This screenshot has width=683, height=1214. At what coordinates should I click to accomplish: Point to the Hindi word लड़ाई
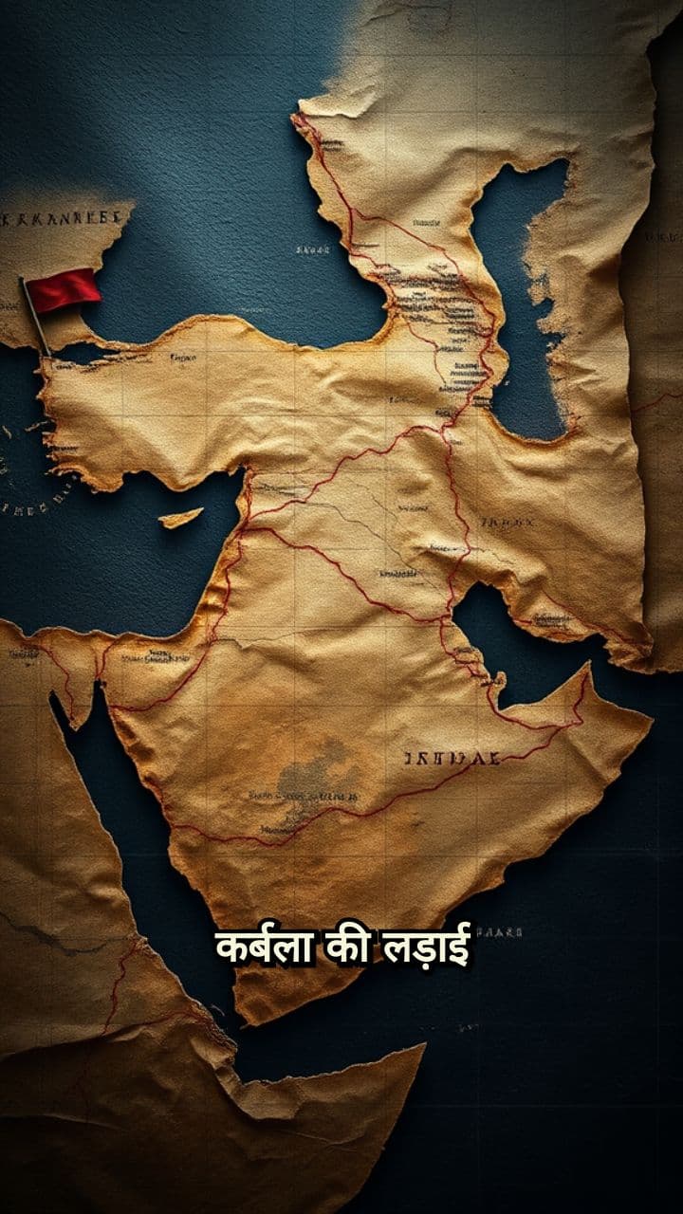(426, 947)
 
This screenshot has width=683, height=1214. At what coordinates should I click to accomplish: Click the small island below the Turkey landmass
(180, 518)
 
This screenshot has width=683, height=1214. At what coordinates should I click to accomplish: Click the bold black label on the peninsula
(452, 758)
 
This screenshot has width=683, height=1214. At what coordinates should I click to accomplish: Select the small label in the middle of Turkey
(183, 359)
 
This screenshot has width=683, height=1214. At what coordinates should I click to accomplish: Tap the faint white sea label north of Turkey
(312, 249)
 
